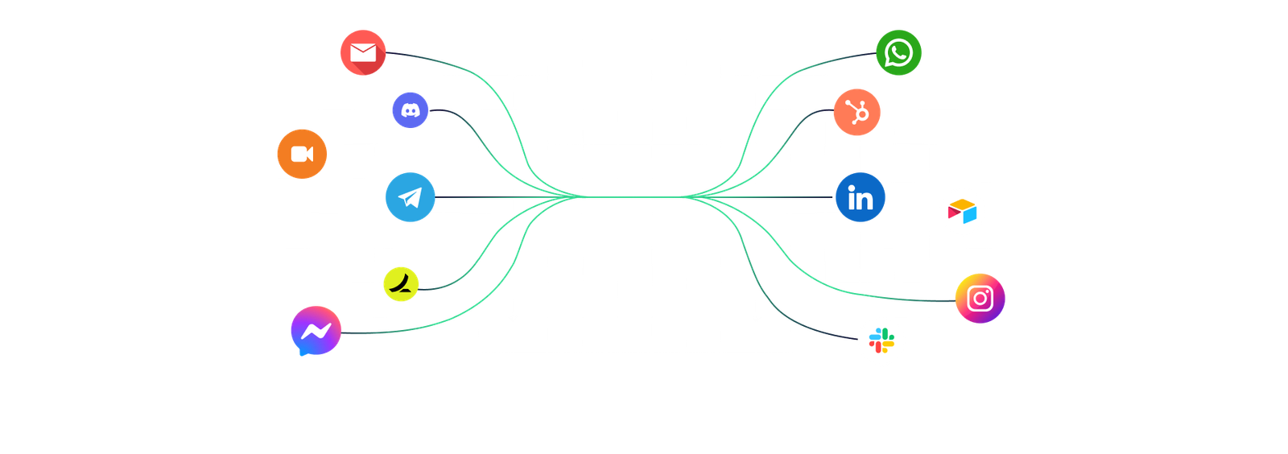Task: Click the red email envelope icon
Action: (x=363, y=53)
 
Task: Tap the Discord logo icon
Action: (x=411, y=110)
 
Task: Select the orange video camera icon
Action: (x=302, y=154)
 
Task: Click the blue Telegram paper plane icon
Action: (x=411, y=197)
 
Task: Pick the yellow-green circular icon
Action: (x=401, y=283)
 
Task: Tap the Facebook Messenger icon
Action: (x=316, y=331)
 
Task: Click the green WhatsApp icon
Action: (x=898, y=53)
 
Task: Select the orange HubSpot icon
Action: (x=857, y=113)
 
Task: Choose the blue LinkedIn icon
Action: (x=860, y=197)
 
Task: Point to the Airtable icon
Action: (x=962, y=212)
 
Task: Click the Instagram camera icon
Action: (x=980, y=299)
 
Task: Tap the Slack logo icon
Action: (x=881, y=341)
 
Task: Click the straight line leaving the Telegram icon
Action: (x=483, y=197)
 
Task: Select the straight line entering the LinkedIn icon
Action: (x=789, y=197)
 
